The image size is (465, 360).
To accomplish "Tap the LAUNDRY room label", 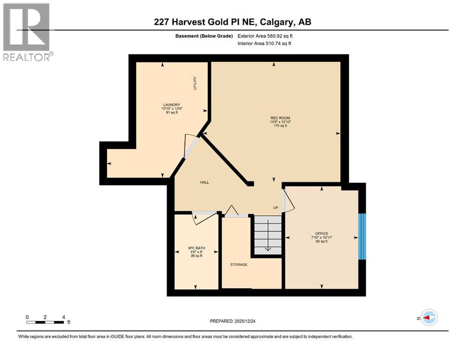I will [171, 105].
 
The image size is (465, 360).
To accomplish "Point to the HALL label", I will [204, 182].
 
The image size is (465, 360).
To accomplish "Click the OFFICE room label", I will [322, 233].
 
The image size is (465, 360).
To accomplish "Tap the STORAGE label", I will [238, 265].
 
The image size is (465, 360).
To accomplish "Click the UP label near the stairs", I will [276, 208].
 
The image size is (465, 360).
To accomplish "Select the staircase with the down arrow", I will [267, 235].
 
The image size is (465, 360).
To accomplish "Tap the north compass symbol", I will [428, 317].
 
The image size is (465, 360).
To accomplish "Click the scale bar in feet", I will [45, 322].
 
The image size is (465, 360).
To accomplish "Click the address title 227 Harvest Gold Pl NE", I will [232, 22].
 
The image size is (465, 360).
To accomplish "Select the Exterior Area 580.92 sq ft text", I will [267, 36].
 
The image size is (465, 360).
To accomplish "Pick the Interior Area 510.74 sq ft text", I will [267, 44].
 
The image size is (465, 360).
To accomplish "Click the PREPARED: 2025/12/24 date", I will [232, 321].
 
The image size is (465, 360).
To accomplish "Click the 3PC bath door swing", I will [205, 218].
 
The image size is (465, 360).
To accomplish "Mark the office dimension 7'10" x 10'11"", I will [322, 238].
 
